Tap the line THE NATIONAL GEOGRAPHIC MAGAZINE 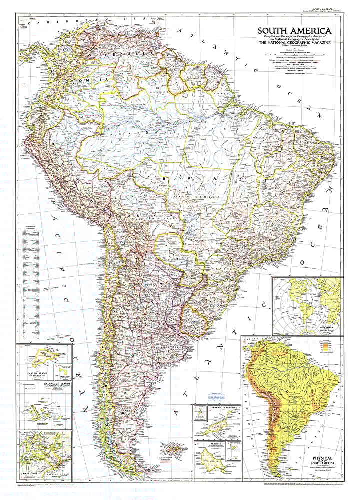tap(295, 44)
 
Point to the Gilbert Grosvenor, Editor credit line tap(295, 47)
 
